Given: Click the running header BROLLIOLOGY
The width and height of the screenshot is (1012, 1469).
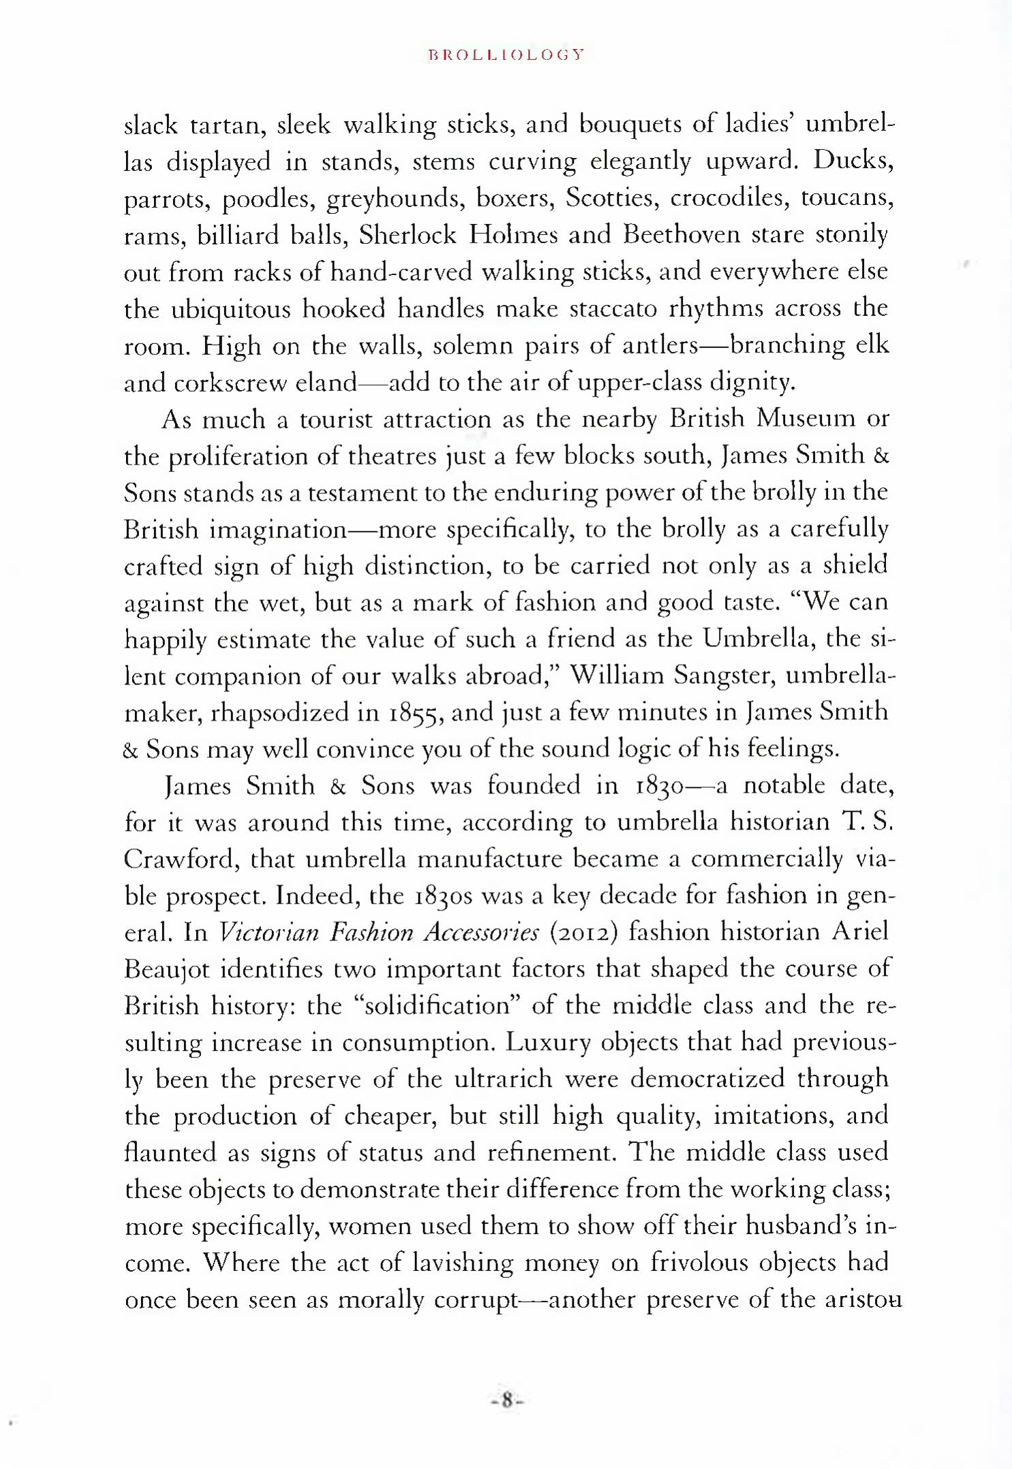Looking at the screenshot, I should pos(506,55).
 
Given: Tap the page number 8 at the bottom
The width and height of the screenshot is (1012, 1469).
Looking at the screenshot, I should pos(506,1401).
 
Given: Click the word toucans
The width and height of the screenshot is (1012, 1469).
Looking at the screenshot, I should pos(847,197).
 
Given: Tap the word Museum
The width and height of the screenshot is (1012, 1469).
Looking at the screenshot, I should pos(806,417).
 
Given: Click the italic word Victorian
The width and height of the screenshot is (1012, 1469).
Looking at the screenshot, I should pos(269,932).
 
